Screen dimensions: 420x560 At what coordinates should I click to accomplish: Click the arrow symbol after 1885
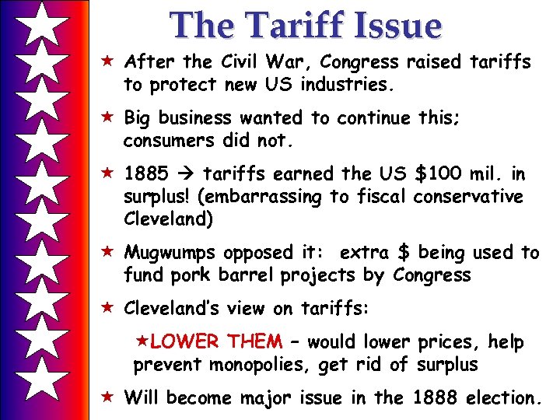point(188,175)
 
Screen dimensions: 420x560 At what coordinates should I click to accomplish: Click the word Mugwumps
point(171,253)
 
